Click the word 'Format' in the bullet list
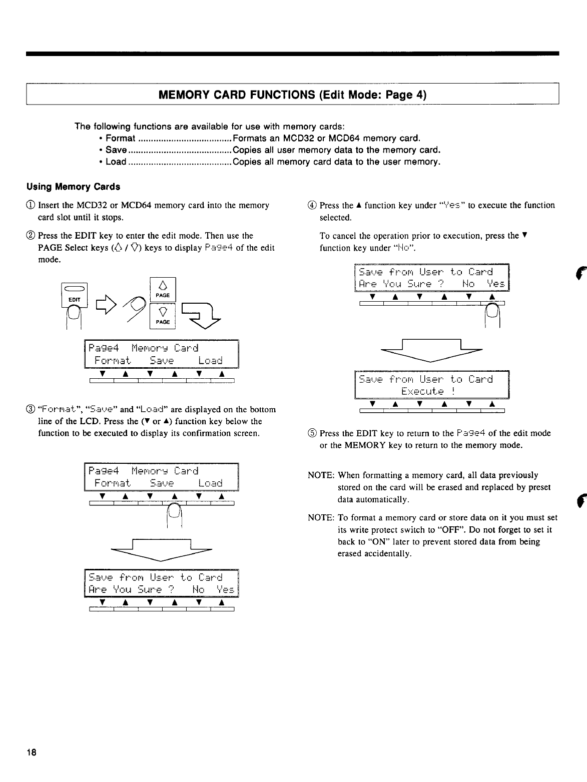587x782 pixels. coord(121,138)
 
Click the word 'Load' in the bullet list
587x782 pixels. coord(116,162)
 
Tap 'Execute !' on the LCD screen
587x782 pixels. coord(430,391)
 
